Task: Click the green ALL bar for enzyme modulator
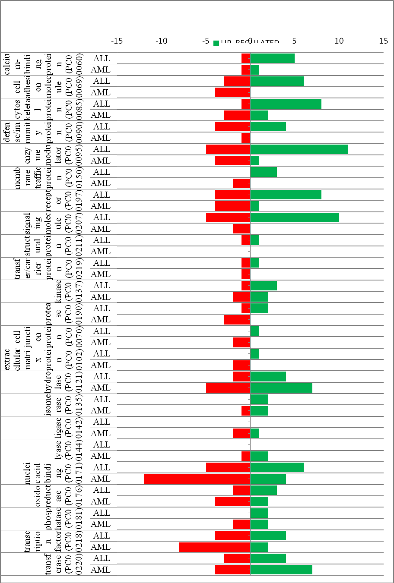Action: (299, 149)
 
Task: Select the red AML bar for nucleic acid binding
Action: (197, 479)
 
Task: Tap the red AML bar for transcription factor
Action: (215, 547)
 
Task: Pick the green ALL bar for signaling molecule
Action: (295, 217)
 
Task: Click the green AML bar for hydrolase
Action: (281, 388)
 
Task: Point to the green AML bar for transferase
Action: (281, 570)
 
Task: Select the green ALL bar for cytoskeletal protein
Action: (286, 104)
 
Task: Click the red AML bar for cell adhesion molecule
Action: (232, 92)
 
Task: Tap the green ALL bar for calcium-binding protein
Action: (272, 58)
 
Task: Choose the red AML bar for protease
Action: (237, 320)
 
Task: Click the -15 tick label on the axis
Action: (117, 41)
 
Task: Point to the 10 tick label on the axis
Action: (339, 41)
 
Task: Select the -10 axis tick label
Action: (161, 41)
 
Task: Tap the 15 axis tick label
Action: (384, 41)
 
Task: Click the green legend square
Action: (216, 43)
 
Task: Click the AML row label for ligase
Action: (101, 433)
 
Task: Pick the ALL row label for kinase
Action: (102, 286)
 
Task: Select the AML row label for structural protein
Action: (101, 252)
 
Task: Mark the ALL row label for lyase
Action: (102, 444)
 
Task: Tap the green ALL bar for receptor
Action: (286, 195)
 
